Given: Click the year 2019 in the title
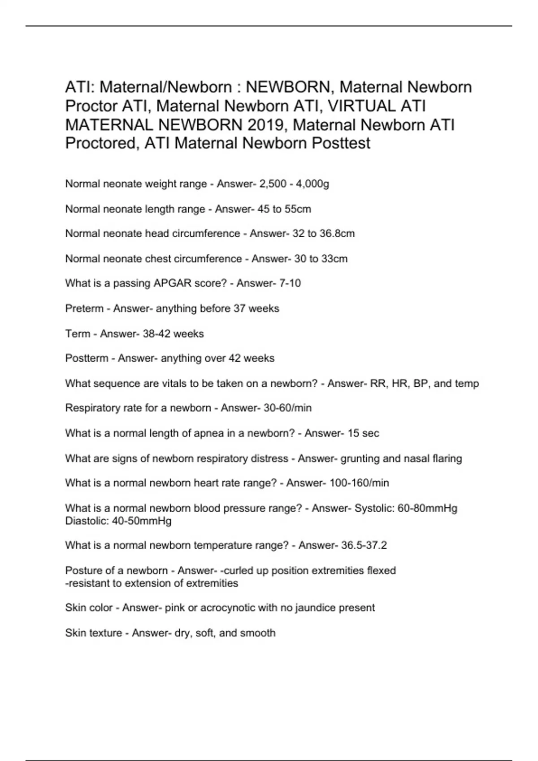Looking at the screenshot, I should [x=265, y=124].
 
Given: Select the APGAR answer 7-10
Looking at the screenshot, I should [x=290, y=283].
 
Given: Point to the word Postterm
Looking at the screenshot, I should [x=87, y=358].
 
